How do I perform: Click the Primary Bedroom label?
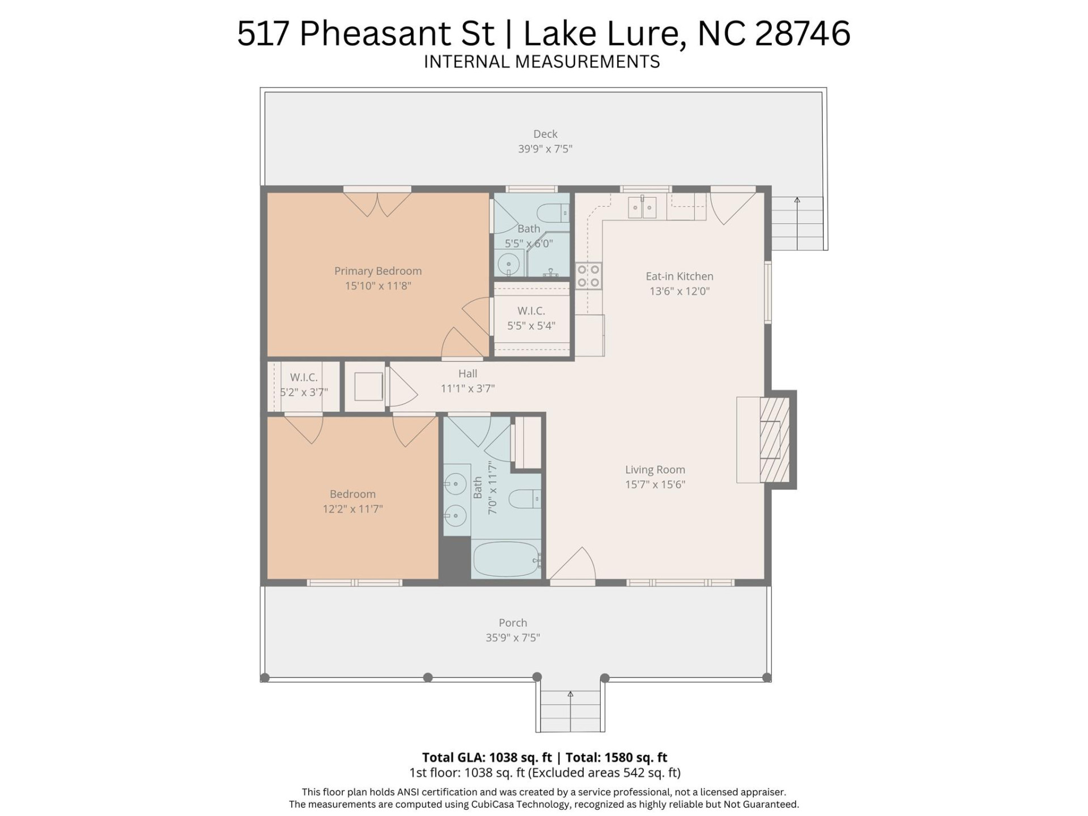click(377, 271)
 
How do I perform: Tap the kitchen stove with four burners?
click(588, 276)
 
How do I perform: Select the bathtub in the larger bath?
click(507, 559)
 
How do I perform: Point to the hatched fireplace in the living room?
click(774, 440)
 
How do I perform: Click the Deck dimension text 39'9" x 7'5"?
click(545, 149)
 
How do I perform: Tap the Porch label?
click(513, 623)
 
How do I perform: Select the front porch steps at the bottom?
click(570, 712)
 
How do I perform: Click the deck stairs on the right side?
click(797, 223)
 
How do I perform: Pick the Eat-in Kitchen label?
click(679, 277)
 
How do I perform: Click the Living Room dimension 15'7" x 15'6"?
click(655, 484)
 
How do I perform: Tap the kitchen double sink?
click(642, 208)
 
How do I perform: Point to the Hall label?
click(467, 373)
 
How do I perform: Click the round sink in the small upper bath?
click(509, 264)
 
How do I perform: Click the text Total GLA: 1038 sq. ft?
click(487, 758)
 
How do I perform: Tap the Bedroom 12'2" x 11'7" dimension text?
click(352, 509)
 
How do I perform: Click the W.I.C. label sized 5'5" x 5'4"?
click(531, 311)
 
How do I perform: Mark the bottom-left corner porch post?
click(265, 678)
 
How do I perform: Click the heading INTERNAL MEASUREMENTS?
click(542, 62)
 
